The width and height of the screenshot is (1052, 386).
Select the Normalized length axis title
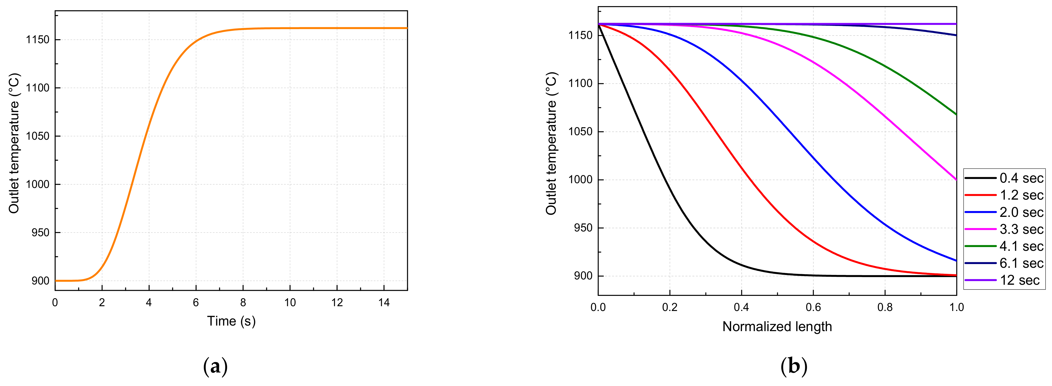[x=777, y=327]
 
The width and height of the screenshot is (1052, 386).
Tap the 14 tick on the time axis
[x=384, y=303]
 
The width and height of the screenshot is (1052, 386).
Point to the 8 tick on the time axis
[x=243, y=303]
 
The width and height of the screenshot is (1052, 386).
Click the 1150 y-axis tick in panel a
[x=38, y=40]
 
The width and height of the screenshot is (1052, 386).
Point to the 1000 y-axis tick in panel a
[x=38, y=185]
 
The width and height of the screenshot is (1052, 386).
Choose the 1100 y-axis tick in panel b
[x=581, y=84]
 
